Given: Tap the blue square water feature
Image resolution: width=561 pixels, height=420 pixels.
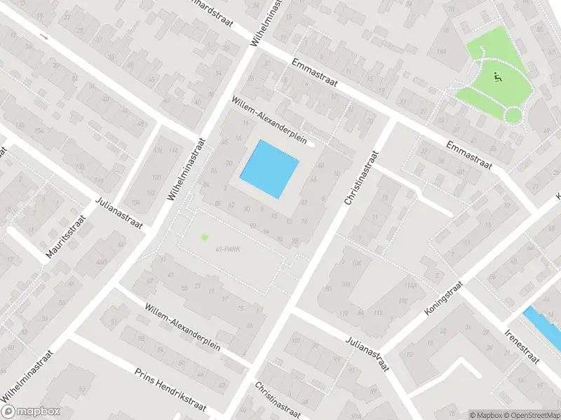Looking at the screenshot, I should (270, 169).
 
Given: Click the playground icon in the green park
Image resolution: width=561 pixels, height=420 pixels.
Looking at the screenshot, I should (498, 77).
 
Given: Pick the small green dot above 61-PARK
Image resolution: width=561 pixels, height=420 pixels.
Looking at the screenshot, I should (205, 237).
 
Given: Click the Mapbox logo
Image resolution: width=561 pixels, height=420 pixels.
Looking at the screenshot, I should (31, 412).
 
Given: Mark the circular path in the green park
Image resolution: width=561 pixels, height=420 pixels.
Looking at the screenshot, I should (513, 115).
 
